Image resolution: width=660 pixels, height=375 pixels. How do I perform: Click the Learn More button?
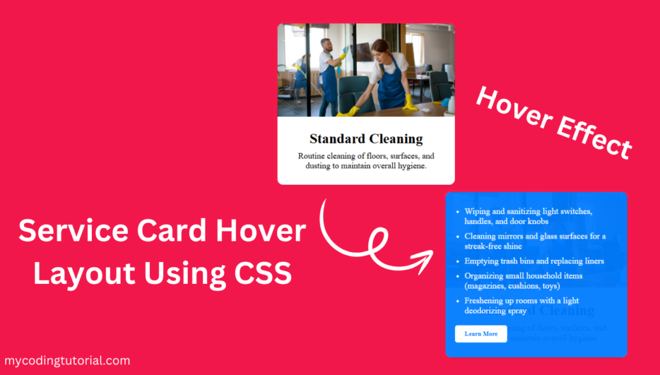[x=481, y=334]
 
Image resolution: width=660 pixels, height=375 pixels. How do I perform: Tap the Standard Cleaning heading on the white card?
[x=366, y=139]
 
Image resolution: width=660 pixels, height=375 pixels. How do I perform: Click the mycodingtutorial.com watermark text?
[x=67, y=361]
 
